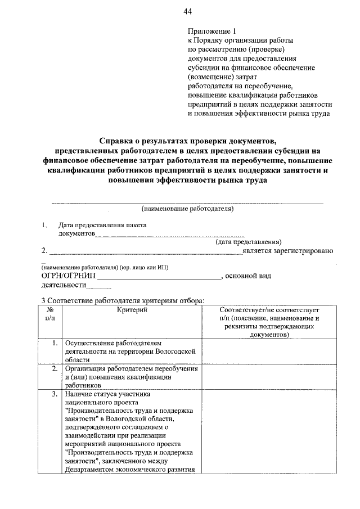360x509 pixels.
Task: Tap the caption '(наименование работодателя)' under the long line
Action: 188,209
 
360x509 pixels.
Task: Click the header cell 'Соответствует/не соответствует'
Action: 269,310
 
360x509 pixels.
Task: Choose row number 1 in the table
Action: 54,343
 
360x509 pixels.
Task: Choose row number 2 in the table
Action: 54,369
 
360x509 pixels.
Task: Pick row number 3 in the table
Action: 54,394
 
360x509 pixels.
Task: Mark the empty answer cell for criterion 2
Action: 269,377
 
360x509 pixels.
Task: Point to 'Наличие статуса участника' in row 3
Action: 107,394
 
